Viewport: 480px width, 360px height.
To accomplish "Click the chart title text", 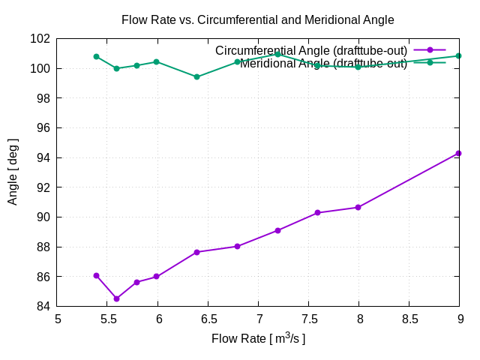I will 257,20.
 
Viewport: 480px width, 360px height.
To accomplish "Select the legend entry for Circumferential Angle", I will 310,50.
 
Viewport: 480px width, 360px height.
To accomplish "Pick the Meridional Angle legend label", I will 323,64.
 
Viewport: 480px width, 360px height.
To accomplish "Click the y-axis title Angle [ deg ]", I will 13,172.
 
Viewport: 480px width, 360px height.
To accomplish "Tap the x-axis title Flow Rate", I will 258,339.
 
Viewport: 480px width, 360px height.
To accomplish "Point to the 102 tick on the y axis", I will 42,39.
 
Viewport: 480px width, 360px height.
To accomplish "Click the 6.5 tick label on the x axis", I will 208,319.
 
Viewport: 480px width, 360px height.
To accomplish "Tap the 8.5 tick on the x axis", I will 409,319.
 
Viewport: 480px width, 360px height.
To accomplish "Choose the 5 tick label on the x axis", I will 58,319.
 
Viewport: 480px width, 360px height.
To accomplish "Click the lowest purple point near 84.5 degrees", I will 116,298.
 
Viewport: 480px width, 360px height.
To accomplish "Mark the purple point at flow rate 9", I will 458,153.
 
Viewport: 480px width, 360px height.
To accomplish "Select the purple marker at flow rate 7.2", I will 277,230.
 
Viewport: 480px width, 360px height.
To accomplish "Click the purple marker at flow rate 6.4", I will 196,252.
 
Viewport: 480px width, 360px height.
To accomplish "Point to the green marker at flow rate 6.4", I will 196,76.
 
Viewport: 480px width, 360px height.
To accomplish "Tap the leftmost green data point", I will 96,56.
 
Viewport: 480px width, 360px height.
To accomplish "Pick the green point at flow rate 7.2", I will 277,54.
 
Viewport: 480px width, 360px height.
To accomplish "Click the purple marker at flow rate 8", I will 358,207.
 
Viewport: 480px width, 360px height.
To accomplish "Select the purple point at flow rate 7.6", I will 317,213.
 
